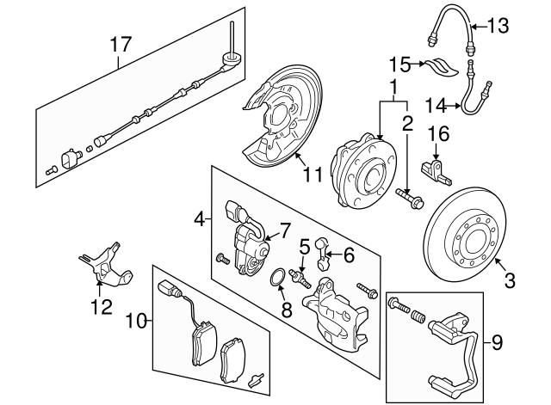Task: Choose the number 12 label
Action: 102,305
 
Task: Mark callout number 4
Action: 199,220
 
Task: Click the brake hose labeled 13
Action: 452,29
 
